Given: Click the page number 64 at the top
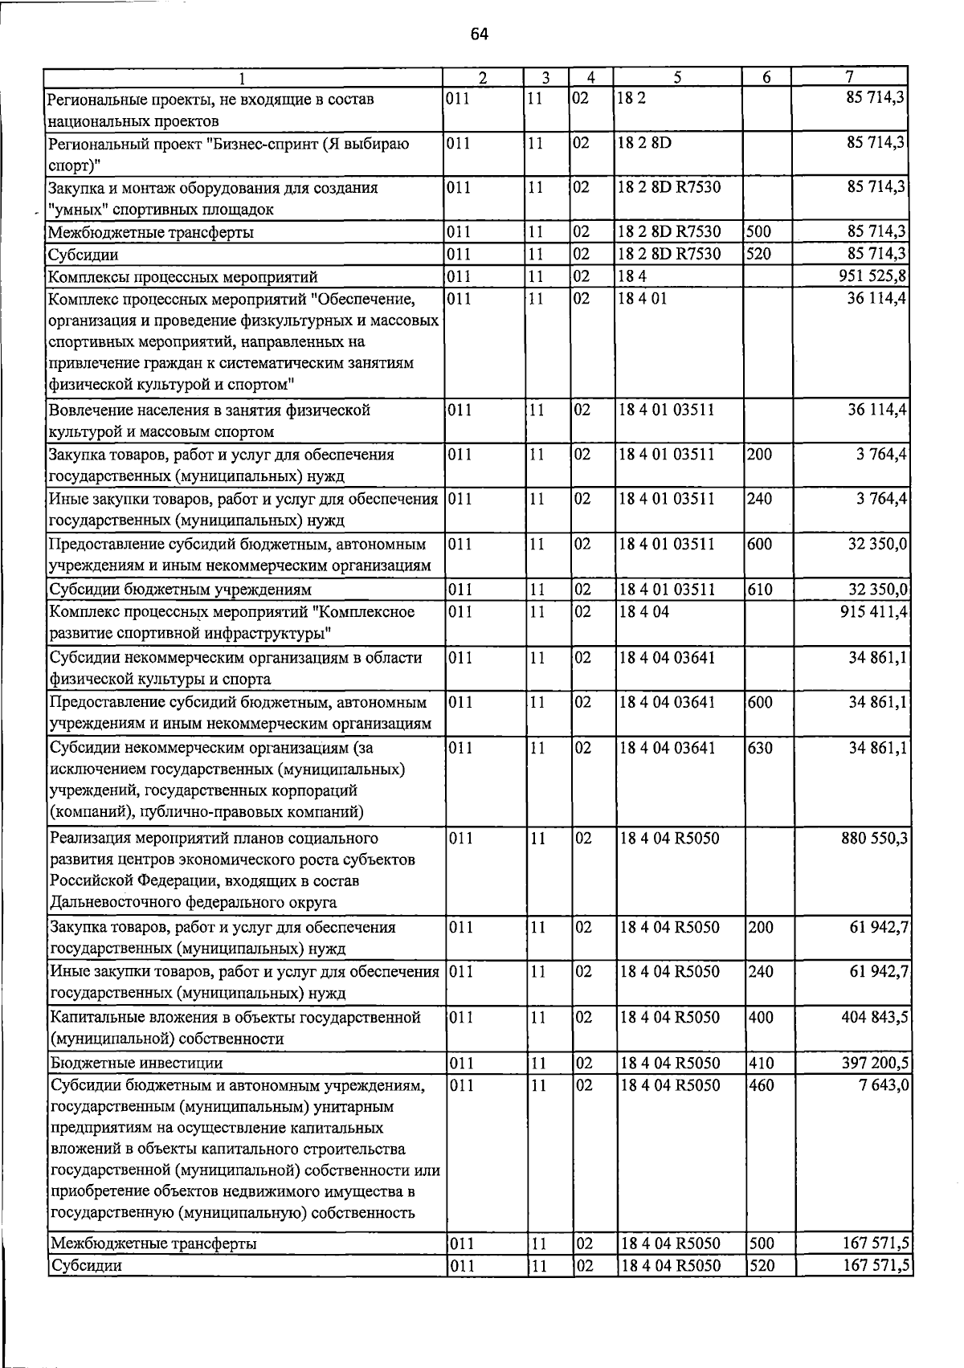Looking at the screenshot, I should pyautogui.click(x=480, y=34).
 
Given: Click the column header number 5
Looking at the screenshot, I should pyautogui.click(x=678, y=78).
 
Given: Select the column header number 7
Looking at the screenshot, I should pyautogui.click(x=849, y=78).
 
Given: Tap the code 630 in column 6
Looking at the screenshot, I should pyautogui.click(x=760, y=749).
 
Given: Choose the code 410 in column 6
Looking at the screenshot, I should pyautogui.click(x=760, y=1064).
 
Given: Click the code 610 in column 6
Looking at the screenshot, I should pyautogui.click(x=760, y=590).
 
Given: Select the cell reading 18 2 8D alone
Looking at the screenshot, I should pyautogui.click(x=645, y=144).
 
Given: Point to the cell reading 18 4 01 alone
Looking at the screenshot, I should pyautogui.click(x=643, y=300).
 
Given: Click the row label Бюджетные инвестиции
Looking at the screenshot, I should pyautogui.click(x=136, y=1064).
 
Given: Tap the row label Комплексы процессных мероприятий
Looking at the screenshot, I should pyautogui.click(x=183, y=277).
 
